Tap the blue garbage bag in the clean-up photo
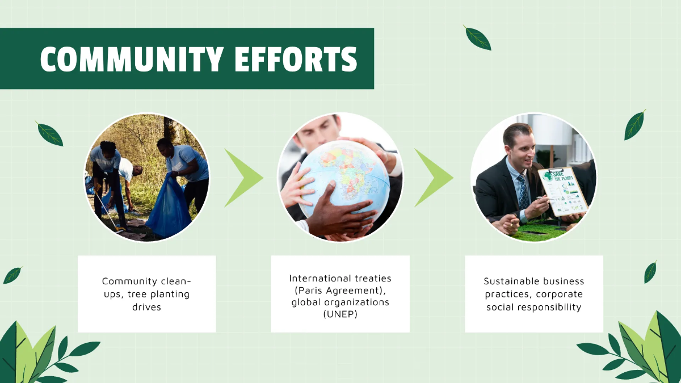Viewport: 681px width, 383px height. (x=169, y=207)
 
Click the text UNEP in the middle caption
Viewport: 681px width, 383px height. (x=340, y=314)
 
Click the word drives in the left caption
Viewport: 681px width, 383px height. (x=147, y=307)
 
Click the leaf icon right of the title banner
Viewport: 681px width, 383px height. (x=477, y=37)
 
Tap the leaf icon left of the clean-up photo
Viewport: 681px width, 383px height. (x=49, y=134)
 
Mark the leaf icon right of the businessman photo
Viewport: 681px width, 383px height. (x=634, y=125)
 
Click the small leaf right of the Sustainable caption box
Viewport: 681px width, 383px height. (x=650, y=272)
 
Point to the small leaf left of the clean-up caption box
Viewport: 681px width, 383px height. (x=12, y=275)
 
